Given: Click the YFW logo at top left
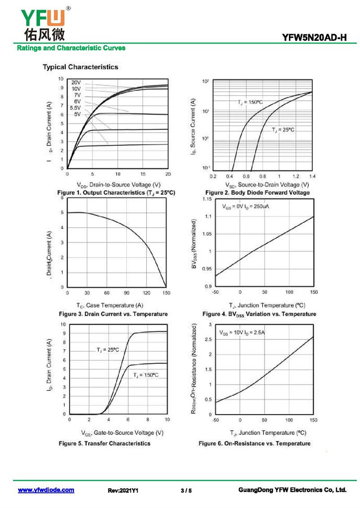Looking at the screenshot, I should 43,22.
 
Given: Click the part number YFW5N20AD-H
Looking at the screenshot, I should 315,38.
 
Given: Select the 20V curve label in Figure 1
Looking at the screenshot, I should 76,83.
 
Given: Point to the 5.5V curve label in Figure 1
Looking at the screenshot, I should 75,108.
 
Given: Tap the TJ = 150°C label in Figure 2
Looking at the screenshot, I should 250,102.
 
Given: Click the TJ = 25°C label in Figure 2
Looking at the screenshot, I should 283,129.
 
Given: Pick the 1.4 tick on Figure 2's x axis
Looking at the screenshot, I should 312,176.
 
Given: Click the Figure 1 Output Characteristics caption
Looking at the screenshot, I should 116,192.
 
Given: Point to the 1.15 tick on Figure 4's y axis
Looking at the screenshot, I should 206,198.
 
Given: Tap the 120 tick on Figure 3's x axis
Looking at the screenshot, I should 147,293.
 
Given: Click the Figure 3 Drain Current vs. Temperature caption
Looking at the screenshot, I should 113,314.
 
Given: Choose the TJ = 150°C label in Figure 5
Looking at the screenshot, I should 145,375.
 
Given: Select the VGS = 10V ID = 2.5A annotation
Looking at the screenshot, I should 242,333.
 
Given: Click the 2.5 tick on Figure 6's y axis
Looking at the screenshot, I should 208,339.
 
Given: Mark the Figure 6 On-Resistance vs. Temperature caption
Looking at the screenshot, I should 254,443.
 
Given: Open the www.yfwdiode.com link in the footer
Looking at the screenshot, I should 46,490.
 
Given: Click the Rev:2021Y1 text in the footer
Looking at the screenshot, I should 123,490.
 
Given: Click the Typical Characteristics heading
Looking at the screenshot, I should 81,67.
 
